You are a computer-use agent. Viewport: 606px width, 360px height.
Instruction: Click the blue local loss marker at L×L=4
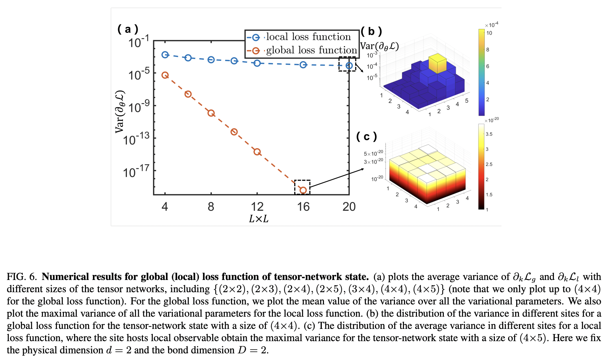(165, 55)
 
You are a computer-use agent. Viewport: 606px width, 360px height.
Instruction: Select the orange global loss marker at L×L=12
(257, 152)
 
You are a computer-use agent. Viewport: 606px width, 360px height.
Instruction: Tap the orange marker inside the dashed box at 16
(303, 190)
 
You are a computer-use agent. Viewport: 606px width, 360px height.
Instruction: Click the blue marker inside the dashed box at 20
(349, 65)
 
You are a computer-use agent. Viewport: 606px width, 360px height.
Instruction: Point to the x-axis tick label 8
(211, 207)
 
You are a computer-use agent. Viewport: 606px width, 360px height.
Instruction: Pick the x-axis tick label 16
(303, 207)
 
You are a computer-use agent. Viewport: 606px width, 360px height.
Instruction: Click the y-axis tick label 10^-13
(136, 139)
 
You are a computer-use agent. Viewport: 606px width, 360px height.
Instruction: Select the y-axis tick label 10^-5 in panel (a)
(139, 74)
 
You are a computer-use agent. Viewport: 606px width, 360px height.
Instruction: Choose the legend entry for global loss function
(311, 50)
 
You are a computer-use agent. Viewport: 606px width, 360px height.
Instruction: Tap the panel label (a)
(128, 29)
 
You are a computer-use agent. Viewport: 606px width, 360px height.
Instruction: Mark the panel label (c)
(366, 136)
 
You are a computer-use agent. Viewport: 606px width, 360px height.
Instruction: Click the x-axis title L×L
(259, 219)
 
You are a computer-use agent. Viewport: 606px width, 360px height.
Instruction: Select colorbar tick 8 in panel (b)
(488, 50)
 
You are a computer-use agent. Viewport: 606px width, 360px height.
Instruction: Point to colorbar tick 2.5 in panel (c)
(489, 164)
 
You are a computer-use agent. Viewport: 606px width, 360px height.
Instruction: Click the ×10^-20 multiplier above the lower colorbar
(492, 120)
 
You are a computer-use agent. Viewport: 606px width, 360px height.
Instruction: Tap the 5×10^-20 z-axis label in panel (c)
(373, 153)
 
